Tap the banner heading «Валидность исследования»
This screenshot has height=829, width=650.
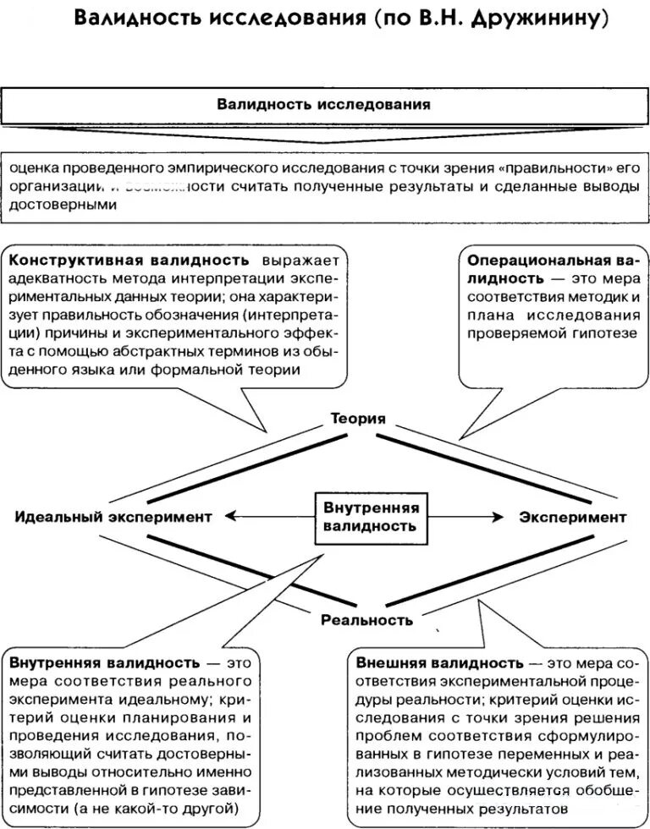(324, 105)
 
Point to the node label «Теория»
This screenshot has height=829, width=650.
(358, 419)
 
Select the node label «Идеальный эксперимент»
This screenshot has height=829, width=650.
(113, 517)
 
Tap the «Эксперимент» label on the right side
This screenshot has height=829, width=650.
(573, 517)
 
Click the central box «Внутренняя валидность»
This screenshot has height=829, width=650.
(370, 516)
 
